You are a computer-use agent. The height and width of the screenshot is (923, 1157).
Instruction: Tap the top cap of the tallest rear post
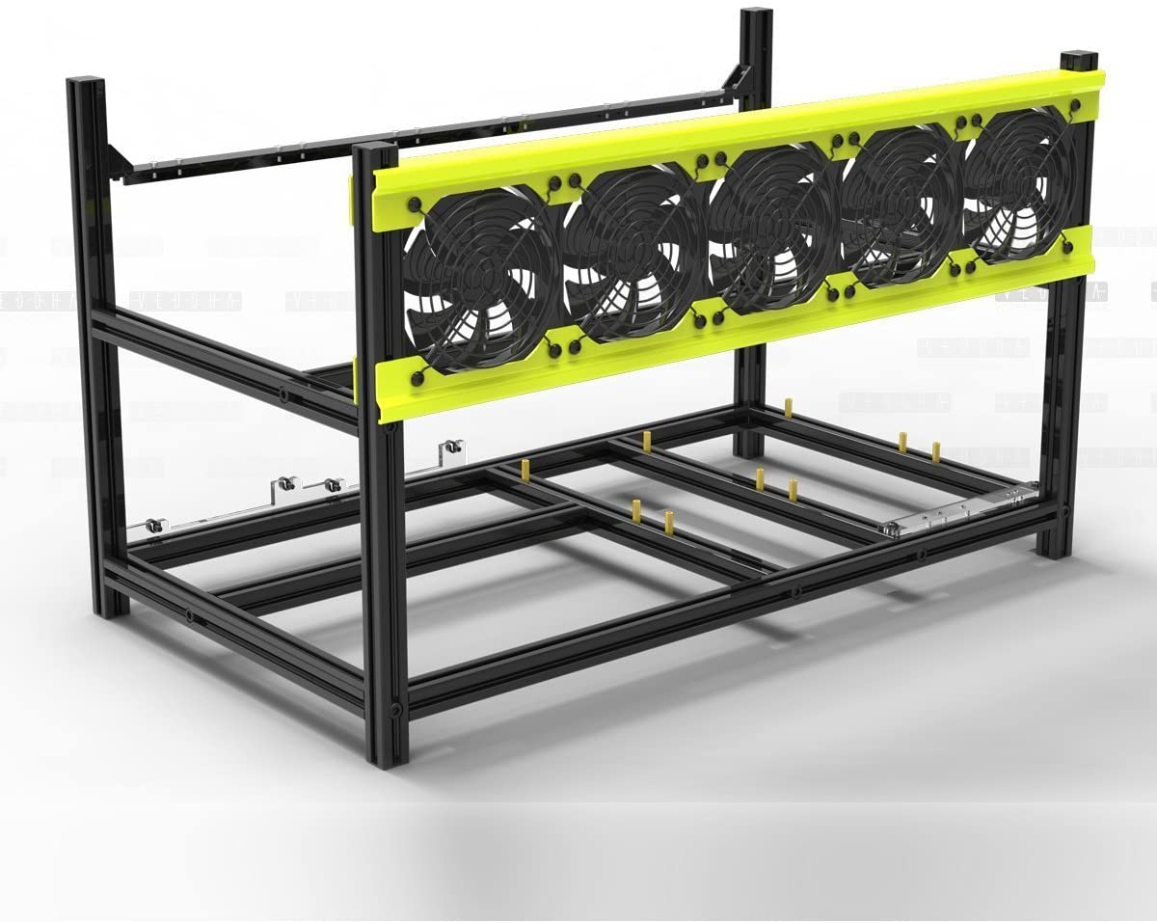click(x=756, y=13)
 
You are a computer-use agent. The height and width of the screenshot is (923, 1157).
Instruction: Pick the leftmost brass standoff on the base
click(x=525, y=471)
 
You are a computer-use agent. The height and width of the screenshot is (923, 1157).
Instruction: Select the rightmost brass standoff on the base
click(x=935, y=450)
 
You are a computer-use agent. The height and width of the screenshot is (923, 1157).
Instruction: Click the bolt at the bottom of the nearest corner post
click(x=395, y=711)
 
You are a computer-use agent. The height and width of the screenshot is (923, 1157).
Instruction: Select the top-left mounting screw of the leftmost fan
click(x=415, y=204)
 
